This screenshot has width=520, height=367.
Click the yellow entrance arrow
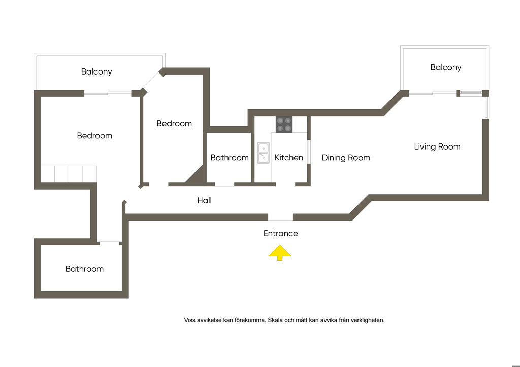(280, 253)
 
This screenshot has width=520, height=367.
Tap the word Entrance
(280, 234)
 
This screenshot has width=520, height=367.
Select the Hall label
(204, 201)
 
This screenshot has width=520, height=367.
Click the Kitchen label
(288, 158)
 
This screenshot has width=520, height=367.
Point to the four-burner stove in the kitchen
(284, 124)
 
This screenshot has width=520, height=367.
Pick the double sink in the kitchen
(263, 153)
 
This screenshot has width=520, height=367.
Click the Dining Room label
(346, 158)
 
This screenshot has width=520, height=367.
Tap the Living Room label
(437, 147)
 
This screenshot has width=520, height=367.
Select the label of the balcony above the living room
(445, 67)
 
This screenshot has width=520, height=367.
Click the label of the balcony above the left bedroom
(96, 72)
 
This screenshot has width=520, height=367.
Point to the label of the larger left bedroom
(94, 136)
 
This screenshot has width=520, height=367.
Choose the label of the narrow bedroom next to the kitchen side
(174, 124)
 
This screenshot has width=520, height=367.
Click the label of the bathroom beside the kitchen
(230, 158)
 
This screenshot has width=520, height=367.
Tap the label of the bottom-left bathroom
(84, 269)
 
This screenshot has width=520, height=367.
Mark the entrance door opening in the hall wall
(280, 217)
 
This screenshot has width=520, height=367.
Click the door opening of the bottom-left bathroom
(110, 242)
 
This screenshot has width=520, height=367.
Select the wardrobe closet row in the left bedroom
(69, 174)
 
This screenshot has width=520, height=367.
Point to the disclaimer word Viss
(190, 320)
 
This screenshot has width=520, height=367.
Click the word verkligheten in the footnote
(369, 320)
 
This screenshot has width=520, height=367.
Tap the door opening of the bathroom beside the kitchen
(224, 184)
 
